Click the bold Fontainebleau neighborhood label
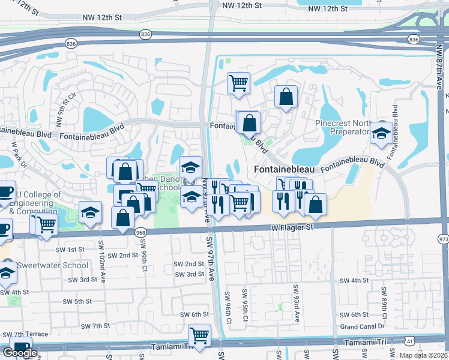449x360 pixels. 284,170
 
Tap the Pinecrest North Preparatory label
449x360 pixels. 342,127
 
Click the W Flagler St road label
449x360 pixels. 292,227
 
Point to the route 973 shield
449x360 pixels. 443,239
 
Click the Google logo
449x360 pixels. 20,353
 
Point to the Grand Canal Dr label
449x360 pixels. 362,326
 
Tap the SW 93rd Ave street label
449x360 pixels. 296,297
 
